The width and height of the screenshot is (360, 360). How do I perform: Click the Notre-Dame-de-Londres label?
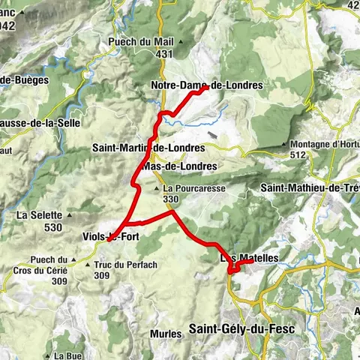coord(207,85)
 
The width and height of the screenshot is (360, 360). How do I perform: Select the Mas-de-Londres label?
coord(179,166)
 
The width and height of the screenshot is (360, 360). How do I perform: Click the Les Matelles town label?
coord(249,258)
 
